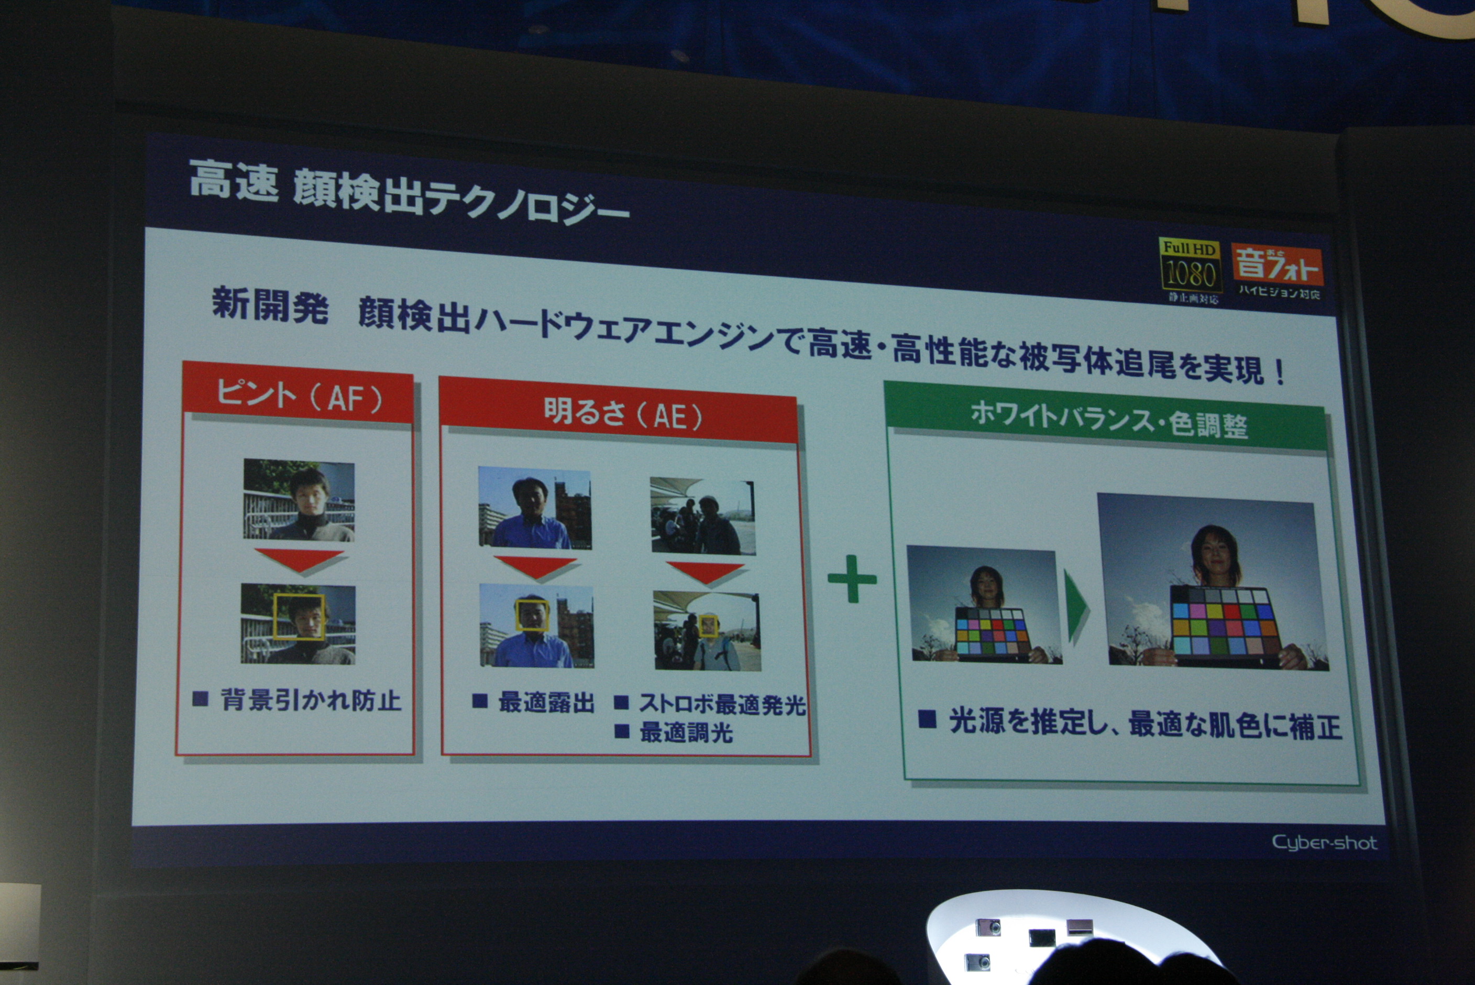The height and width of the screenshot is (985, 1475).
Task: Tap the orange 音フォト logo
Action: tap(1276, 265)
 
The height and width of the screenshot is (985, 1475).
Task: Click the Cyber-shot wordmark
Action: tap(1325, 842)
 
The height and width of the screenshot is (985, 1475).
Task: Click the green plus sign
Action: tap(852, 578)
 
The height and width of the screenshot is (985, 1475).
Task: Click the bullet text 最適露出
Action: tap(546, 702)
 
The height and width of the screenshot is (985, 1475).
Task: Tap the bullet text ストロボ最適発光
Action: tap(722, 704)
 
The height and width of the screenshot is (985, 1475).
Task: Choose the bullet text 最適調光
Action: tap(686, 732)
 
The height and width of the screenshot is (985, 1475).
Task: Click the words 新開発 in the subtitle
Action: tap(270, 305)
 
